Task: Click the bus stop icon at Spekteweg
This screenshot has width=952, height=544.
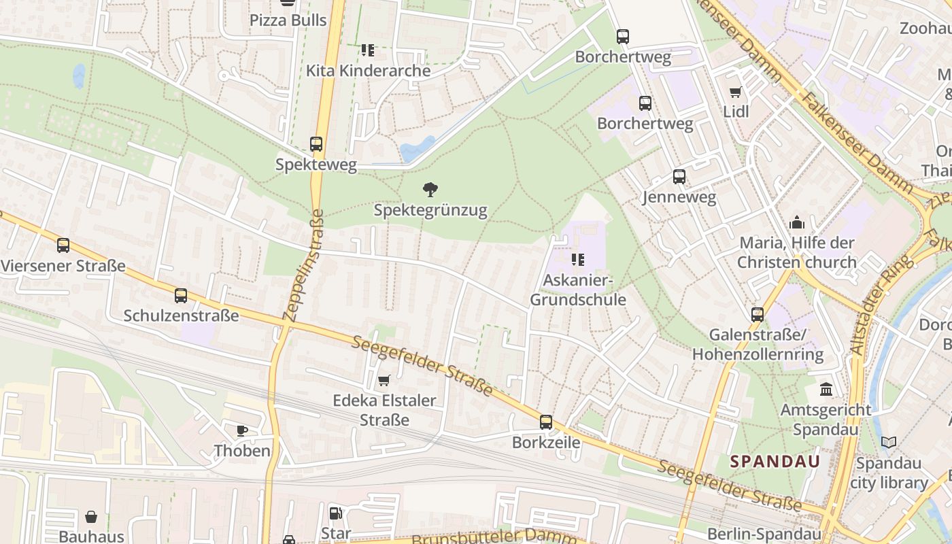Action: pos(316,144)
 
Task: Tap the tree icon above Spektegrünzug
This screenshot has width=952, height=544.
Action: pos(430,190)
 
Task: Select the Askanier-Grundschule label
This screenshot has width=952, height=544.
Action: pos(578,290)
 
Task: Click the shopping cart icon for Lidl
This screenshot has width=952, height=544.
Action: pos(735,92)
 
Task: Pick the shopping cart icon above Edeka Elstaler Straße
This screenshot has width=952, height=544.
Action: pos(384,380)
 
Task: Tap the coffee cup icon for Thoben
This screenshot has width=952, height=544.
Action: pos(241,430)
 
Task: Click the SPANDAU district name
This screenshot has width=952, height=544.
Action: pos(775,461)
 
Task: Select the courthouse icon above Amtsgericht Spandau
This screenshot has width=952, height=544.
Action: pos(826,390)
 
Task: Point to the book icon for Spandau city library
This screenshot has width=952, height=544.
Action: pos(888,443)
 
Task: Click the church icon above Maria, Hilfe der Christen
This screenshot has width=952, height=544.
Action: pos(797,222)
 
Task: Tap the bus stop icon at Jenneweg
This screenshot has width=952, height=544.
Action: pos(679,177)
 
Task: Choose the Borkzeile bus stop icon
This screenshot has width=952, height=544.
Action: pos(546,422)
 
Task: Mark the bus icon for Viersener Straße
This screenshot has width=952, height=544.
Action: pos(63,245)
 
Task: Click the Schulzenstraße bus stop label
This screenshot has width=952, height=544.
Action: pos(181,316)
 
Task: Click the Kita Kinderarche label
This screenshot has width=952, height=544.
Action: pos(368,71)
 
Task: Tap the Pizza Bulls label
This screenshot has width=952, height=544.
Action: pos(288,20)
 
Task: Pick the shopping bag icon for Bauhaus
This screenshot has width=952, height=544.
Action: pos(91,517)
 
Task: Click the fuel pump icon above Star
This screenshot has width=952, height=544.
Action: pos(335,513)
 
